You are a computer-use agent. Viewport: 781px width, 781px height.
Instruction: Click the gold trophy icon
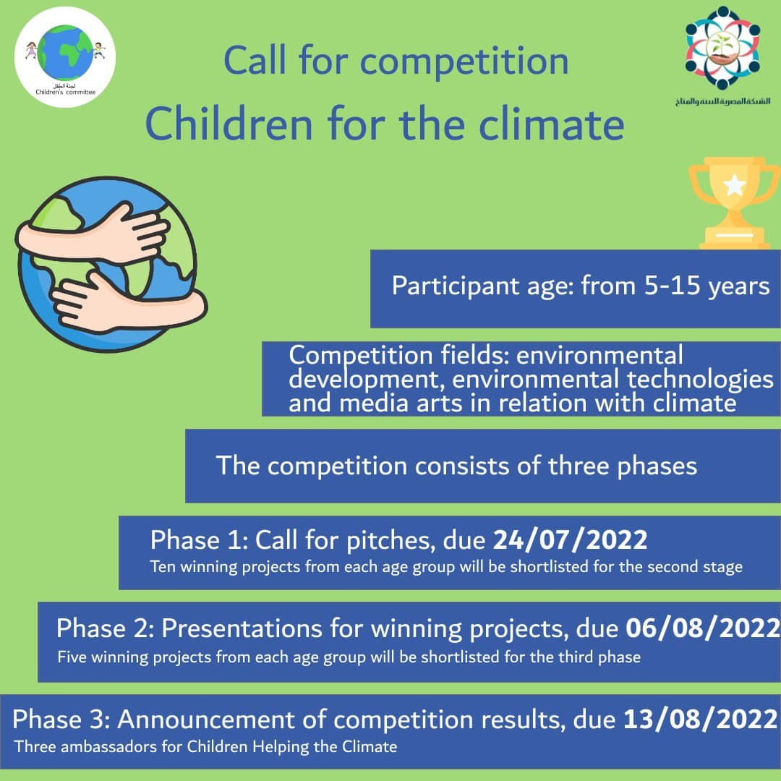pos(734,203)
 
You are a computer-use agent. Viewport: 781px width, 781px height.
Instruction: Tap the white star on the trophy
pos(735,185)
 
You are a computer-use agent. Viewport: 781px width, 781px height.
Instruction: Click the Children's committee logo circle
pos(65,57)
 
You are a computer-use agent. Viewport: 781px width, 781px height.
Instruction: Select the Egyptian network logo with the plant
pos(722,47)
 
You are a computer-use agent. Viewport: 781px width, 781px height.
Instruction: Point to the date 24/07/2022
pos(570,540)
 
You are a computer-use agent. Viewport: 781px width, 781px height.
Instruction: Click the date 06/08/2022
pos(703,628)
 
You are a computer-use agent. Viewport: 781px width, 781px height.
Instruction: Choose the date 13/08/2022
pos(701,720)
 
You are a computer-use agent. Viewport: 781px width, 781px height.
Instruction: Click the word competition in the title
pos(464,61)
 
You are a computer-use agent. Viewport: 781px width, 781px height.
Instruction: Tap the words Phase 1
pos(199,540)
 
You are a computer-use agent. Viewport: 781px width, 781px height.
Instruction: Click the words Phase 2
pos(105,628)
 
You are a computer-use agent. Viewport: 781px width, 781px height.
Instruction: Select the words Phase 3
pos(61,720)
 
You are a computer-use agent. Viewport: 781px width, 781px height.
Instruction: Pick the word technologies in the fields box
pos(700,380)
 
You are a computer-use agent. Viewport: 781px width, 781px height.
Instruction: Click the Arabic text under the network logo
pos(722,101)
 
